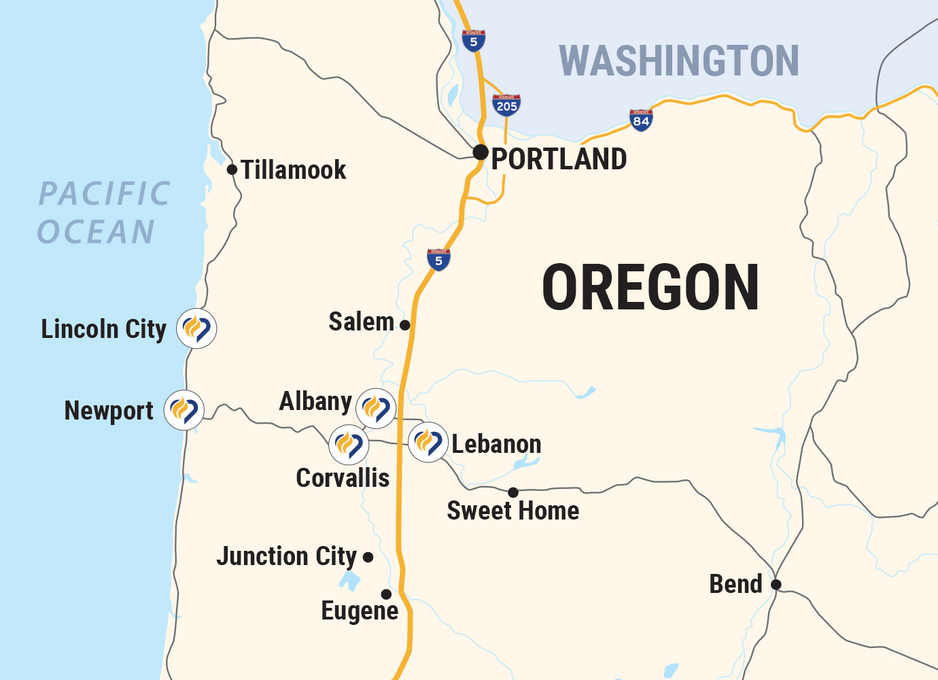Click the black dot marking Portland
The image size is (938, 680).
click(x=481, y=152)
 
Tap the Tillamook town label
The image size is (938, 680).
click(x=294, y=170)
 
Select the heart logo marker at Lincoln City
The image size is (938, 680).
click(x=196, y=328)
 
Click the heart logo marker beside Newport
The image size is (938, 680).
click(x=184, y=410)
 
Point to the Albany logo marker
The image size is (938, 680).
click(x=376, y=408)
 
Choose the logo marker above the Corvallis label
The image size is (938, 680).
click(x=349, y=445)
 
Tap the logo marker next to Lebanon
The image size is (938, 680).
click(x=428, y=442)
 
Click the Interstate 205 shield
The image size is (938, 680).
click(x=506, y=105)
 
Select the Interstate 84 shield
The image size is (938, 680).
click(x=641, y=120)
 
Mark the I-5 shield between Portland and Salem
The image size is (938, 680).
click(x=438, y=260)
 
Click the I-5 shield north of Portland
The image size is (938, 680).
click(x=474, y=41)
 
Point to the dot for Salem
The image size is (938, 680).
click(x=405, y=325)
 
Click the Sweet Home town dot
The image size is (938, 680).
click(x=513, y=492)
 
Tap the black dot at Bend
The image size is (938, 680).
click(x=776, y=584)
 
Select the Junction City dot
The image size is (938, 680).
click(x=368, y=558)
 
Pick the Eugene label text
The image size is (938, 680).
click(x=360, y=611)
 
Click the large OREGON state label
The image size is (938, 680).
click(x=650, y=288)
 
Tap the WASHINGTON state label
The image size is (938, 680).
click(x=678, y=61)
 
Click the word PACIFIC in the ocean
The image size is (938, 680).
click(x=104, y=194)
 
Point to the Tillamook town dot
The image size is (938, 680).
click(x=232, y=169)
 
